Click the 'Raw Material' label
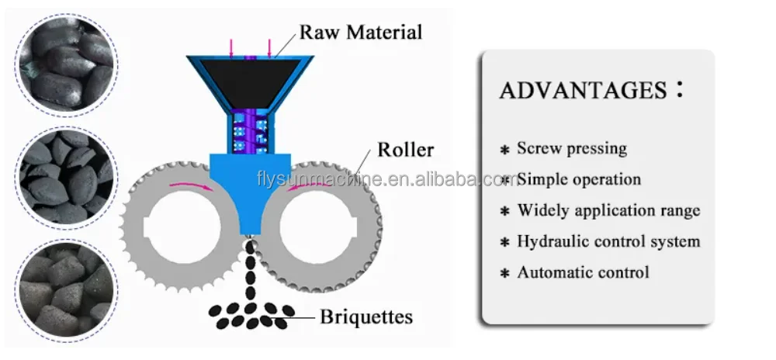tap(362, 33)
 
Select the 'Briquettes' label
tap(367, 317)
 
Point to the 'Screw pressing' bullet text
tap(572, 148)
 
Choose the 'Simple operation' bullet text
tap(579, 179)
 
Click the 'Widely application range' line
tap(608, 210)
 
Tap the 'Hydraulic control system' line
tap(608, 241)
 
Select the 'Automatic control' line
tap(583, 272)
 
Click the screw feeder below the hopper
tap(250, 132)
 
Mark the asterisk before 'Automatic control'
tap(504, 273)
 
